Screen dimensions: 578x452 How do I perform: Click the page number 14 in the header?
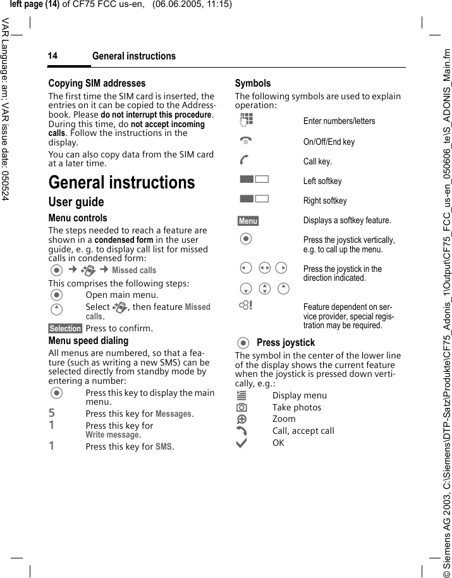click(x=52, y=56)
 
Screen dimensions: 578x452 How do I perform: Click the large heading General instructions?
click(x=121, y=183)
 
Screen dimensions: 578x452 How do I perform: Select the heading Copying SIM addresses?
click(x=97, y=83)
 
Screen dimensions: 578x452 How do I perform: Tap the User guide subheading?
click(x=76, y=202)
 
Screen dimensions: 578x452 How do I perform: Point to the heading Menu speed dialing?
click(x=88, y=340)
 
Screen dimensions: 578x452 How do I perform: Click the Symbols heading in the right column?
click(x=252, y=83)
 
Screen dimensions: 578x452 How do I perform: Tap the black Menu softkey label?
click(x=248, y=221)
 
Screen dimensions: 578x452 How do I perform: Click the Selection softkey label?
click(x=65, y=328)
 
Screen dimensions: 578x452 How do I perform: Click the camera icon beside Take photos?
click(x=242, y=407)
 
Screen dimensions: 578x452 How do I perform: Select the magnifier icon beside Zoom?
click(x=242, y=419)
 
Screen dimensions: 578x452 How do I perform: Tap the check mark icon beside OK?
click(x=242, y=443)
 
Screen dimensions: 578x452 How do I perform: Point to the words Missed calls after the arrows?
click(x=134, y=270)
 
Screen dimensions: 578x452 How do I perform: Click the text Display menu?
click(x=300, y=395)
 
